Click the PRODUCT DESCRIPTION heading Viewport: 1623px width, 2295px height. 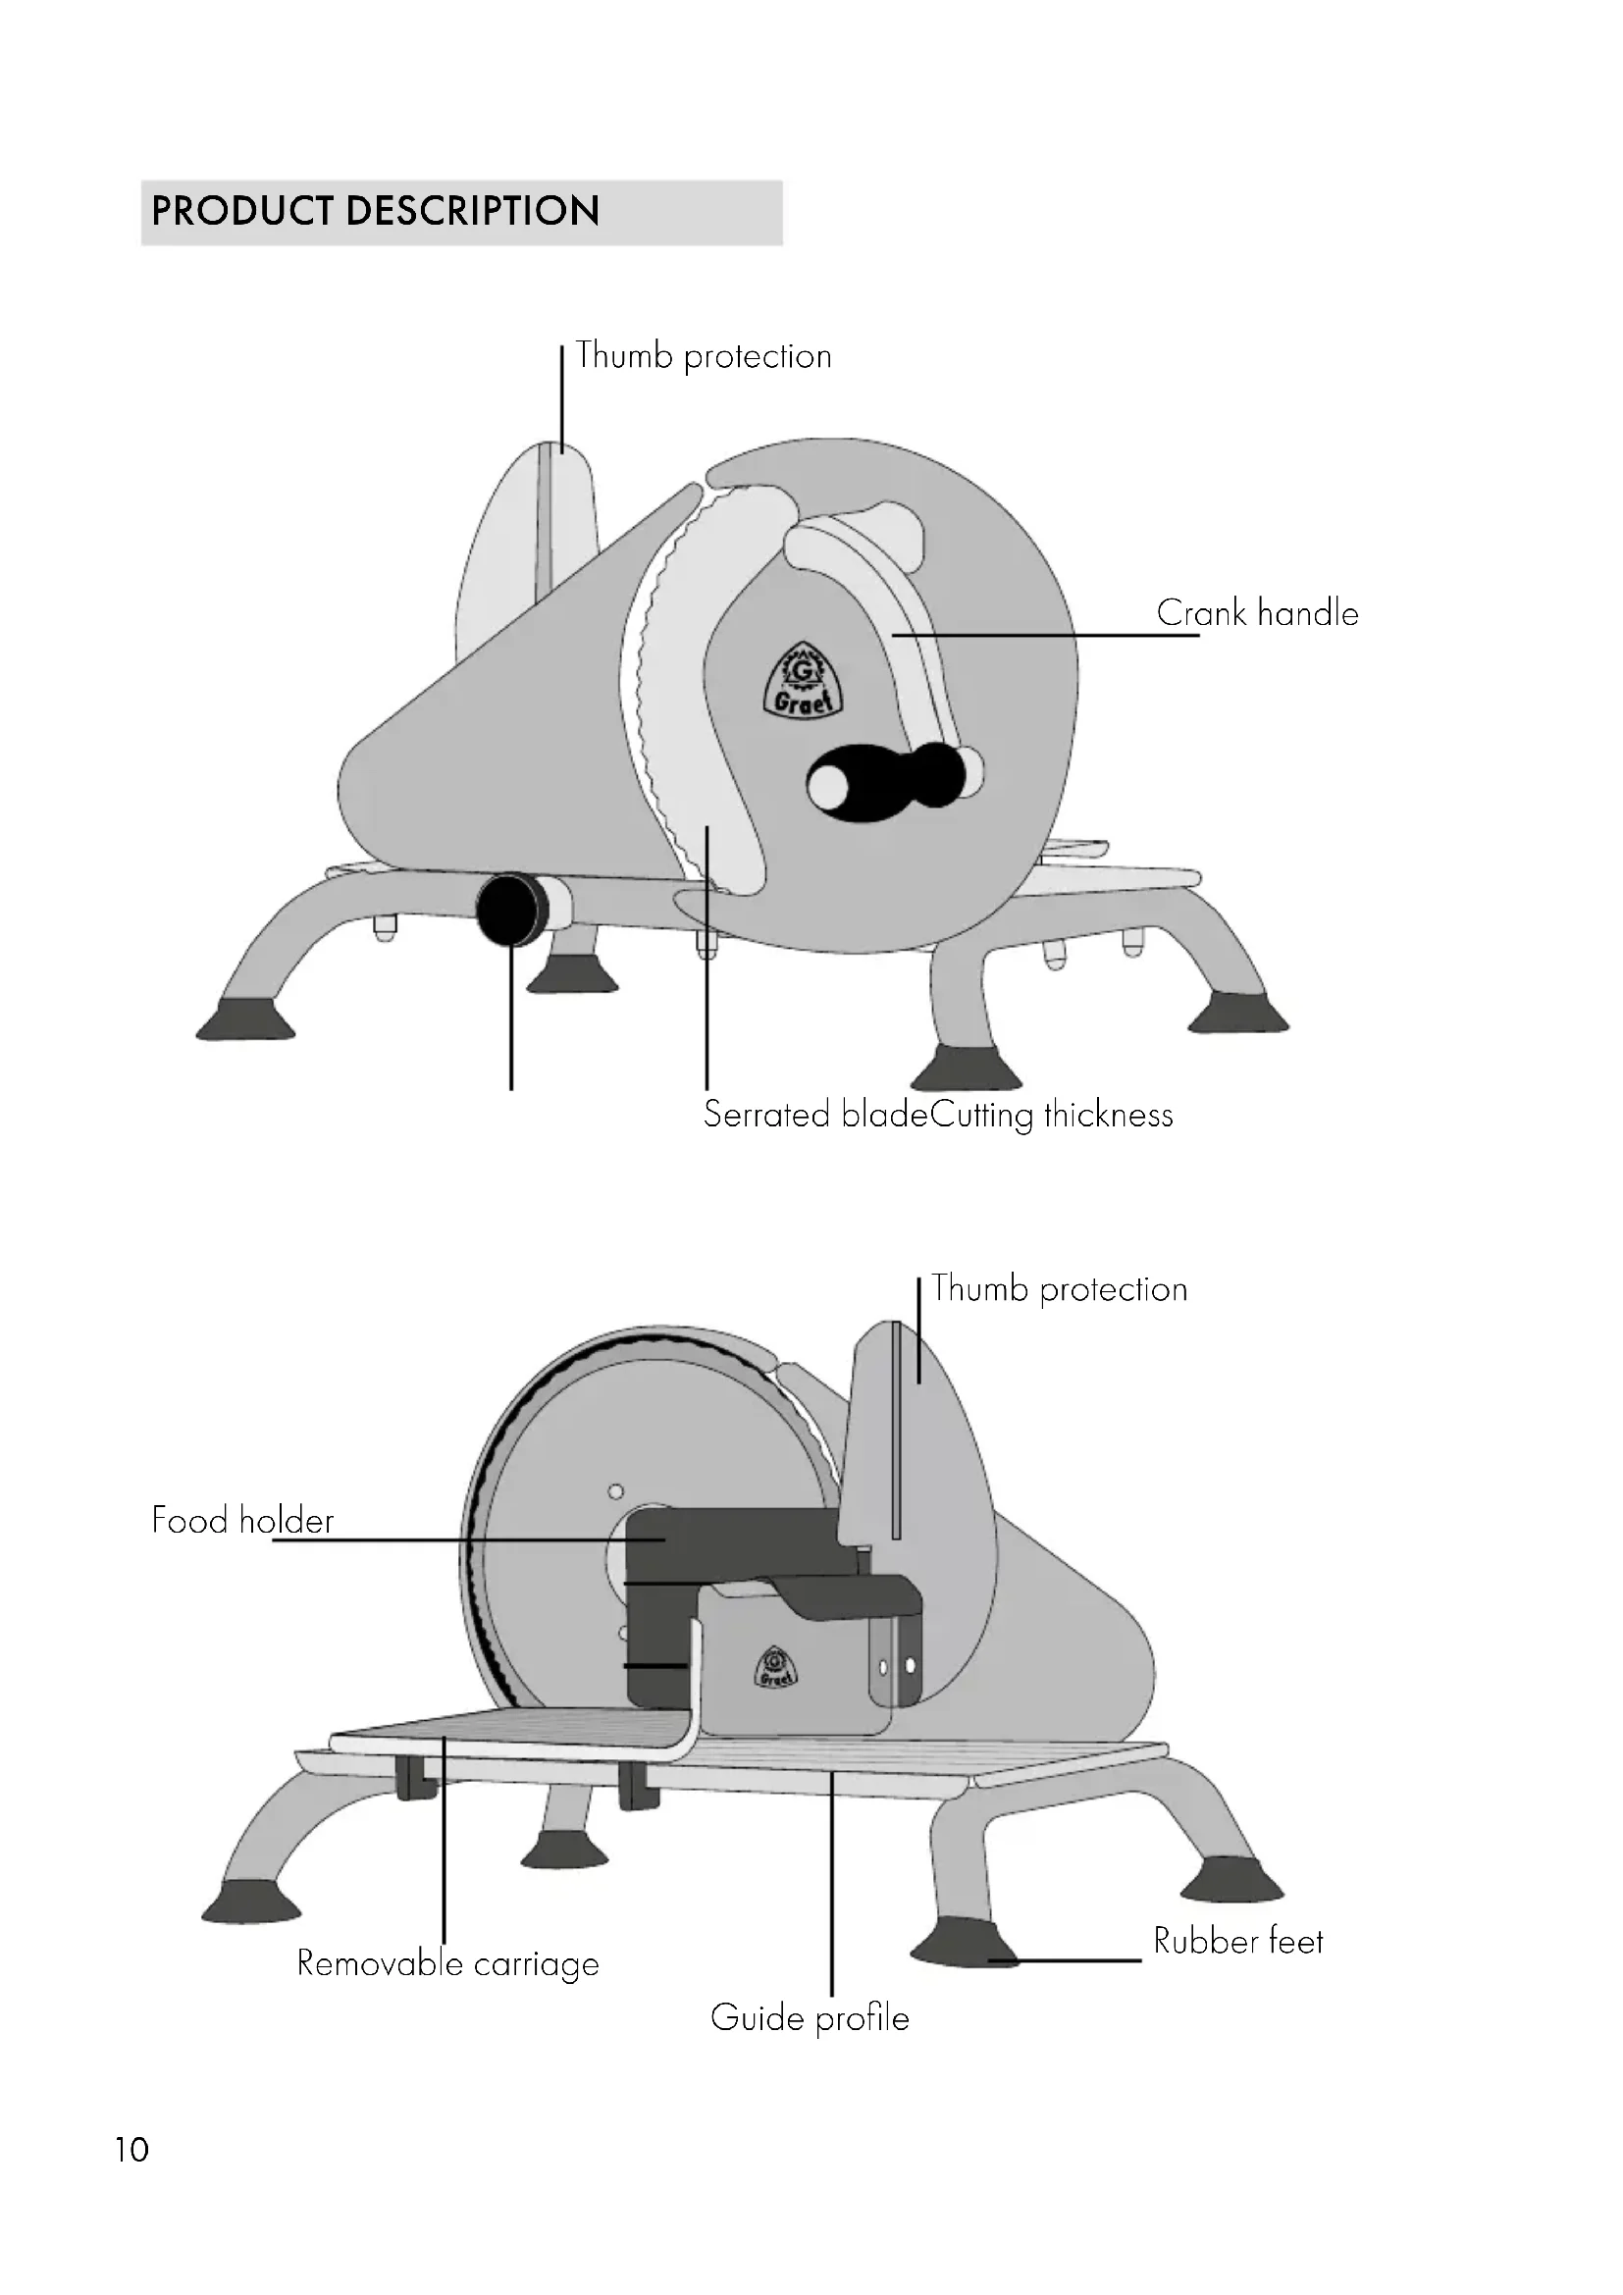pyautogui.click(x=375, y=211)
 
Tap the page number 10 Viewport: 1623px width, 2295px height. pyautogui.click(x=131, y=2149)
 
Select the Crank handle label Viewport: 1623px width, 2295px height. pyautogui.click(x=1257, y=612)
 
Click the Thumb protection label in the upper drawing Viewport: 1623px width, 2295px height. pyautogui.click(x=704, y=356)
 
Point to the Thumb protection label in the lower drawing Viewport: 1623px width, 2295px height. pyautogui.click(x=1060, y=1288)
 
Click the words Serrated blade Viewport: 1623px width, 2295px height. pyautogui.click(x=815, y=1114)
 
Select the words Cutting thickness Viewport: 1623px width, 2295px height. pyautogui.click(x=1052, y=1114)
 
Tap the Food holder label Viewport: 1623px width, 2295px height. pyautogui.click(x=242, y=1519)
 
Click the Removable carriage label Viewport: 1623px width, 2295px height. pyautogui.click(x=447, y=1963)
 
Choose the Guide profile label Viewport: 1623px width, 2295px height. pyautogui.click(x=810, y=2018)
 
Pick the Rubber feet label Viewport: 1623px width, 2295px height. pyautogui.click(x=1238, y=1940)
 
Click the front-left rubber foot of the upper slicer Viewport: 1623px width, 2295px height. pyautogui.click(x=246, y=1018)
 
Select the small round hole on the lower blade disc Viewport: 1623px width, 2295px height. pyautogui.click(x=615, y=1491)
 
